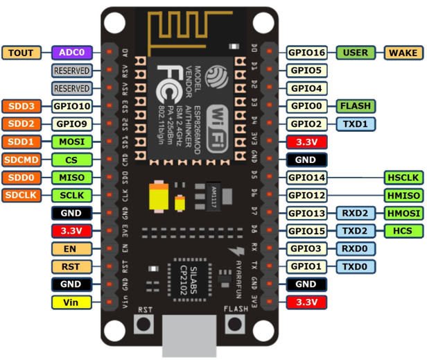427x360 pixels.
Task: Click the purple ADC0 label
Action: (71, 53)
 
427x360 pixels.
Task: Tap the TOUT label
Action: (22, 53)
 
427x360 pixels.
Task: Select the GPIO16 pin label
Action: (306, 53)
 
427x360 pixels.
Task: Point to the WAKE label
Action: (403, 53)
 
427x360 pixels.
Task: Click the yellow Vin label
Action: (71, 302)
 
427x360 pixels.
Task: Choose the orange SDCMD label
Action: (22, 160)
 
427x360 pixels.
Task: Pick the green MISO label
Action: (71, 178)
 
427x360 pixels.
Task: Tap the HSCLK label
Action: (403, 178)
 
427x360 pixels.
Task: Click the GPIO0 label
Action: (306, 106)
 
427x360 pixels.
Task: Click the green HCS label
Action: (403, 230)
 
